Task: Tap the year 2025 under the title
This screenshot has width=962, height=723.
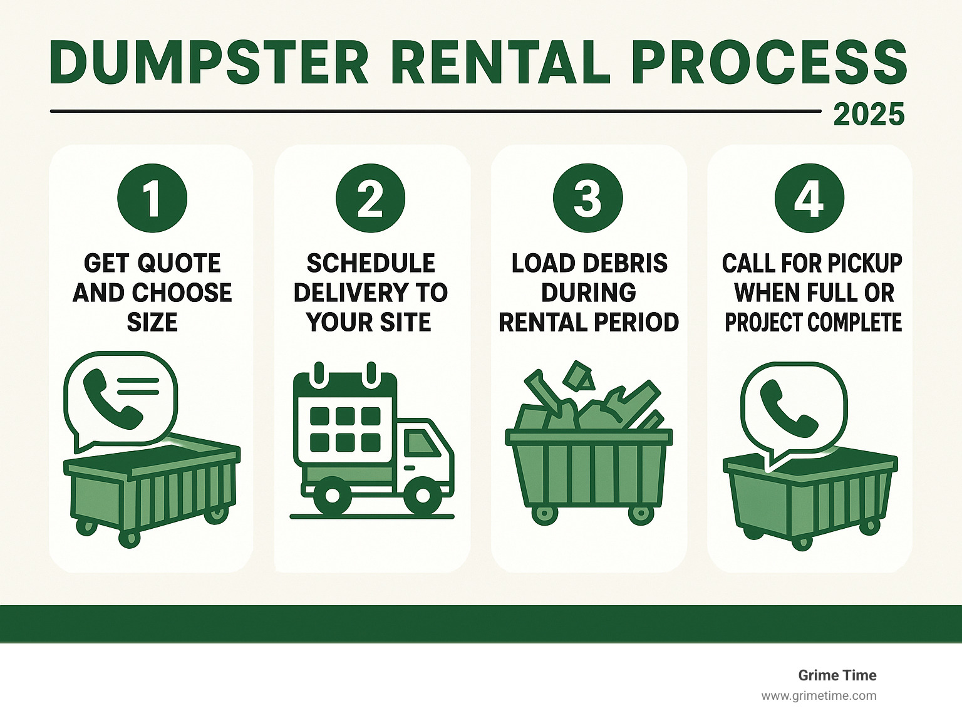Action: pyautogui.click(x=869, y=115)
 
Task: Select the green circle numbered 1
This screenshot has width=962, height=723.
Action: pyautogui.click(x=152, y=199)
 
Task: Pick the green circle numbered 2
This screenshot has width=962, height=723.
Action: pyautogui.click(x=370, y=199)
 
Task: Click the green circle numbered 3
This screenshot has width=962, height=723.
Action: pyautogui.click(x=587, y=199)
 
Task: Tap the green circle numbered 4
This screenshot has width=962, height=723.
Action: pyautogui.click(x=809, y=199)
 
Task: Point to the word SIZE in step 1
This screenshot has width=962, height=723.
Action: pyautogui.click(x=152, y=322)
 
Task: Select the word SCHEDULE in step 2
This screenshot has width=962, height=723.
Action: pyautogui.click(x=370, y=263)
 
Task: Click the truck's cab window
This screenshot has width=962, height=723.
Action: pyautogui.click(x=420, y=443)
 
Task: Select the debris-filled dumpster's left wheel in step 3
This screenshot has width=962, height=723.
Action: pyautogui.click(x=544, y=514)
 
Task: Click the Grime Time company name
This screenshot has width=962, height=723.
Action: pyautogui.click(x=837, y=675)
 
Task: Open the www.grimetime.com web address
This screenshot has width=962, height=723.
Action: pyautogui.click(x=819, y=695)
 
